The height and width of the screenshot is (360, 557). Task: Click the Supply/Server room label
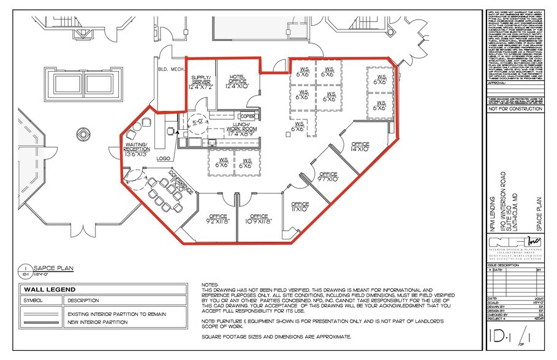pos(202,83)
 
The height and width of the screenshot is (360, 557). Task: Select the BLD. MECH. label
pos(168,69)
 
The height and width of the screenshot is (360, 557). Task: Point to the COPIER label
pos(248,116)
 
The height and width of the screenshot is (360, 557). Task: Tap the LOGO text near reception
pos(163,158)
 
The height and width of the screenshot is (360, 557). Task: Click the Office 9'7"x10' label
pos(328,177)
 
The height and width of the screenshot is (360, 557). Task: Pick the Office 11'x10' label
pos(300,207)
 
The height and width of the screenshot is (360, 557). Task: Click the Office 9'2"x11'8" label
pos(219,219)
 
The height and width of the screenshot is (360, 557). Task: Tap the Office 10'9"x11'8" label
pos(259,219)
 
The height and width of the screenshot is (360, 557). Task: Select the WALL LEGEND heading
pos(51,290)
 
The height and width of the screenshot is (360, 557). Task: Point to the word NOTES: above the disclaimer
pos(210,285)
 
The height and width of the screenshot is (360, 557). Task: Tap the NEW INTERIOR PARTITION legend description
pos(101,322)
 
